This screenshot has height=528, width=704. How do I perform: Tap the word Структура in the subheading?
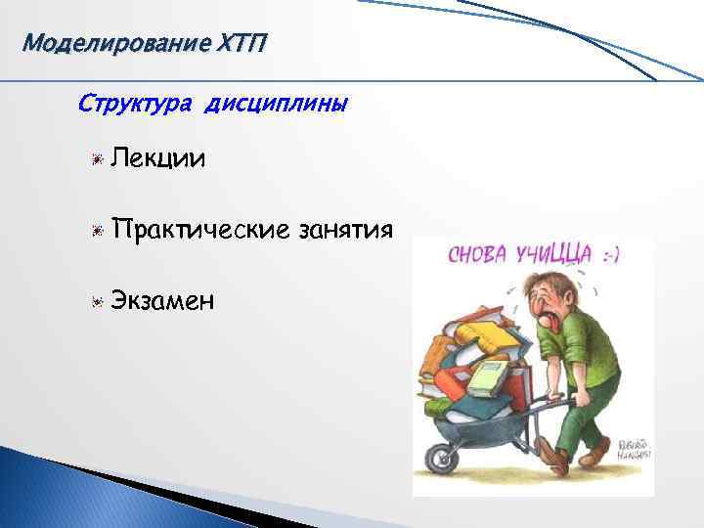[x=137, y=103]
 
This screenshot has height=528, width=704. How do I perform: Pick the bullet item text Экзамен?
[x=164, y=300]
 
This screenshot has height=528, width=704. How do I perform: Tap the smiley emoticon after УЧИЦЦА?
[x=613, y=256]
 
